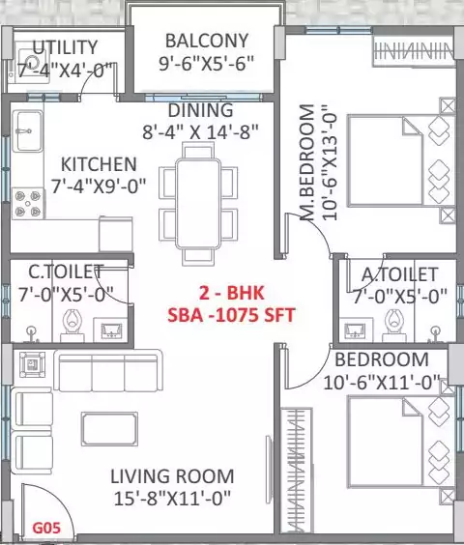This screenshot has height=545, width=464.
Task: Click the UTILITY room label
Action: click(66, 47)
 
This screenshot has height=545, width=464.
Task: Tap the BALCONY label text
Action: click(206, 42)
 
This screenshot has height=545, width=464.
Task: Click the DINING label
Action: click(199, 110)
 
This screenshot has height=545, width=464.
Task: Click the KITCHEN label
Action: click(99, 164)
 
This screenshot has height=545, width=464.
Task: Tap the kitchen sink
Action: click(27, 127)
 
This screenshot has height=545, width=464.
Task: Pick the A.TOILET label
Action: click(399, 274)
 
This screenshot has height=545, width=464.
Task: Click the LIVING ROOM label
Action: click(171, 475)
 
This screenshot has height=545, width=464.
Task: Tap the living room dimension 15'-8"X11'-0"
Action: click(171, 499)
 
